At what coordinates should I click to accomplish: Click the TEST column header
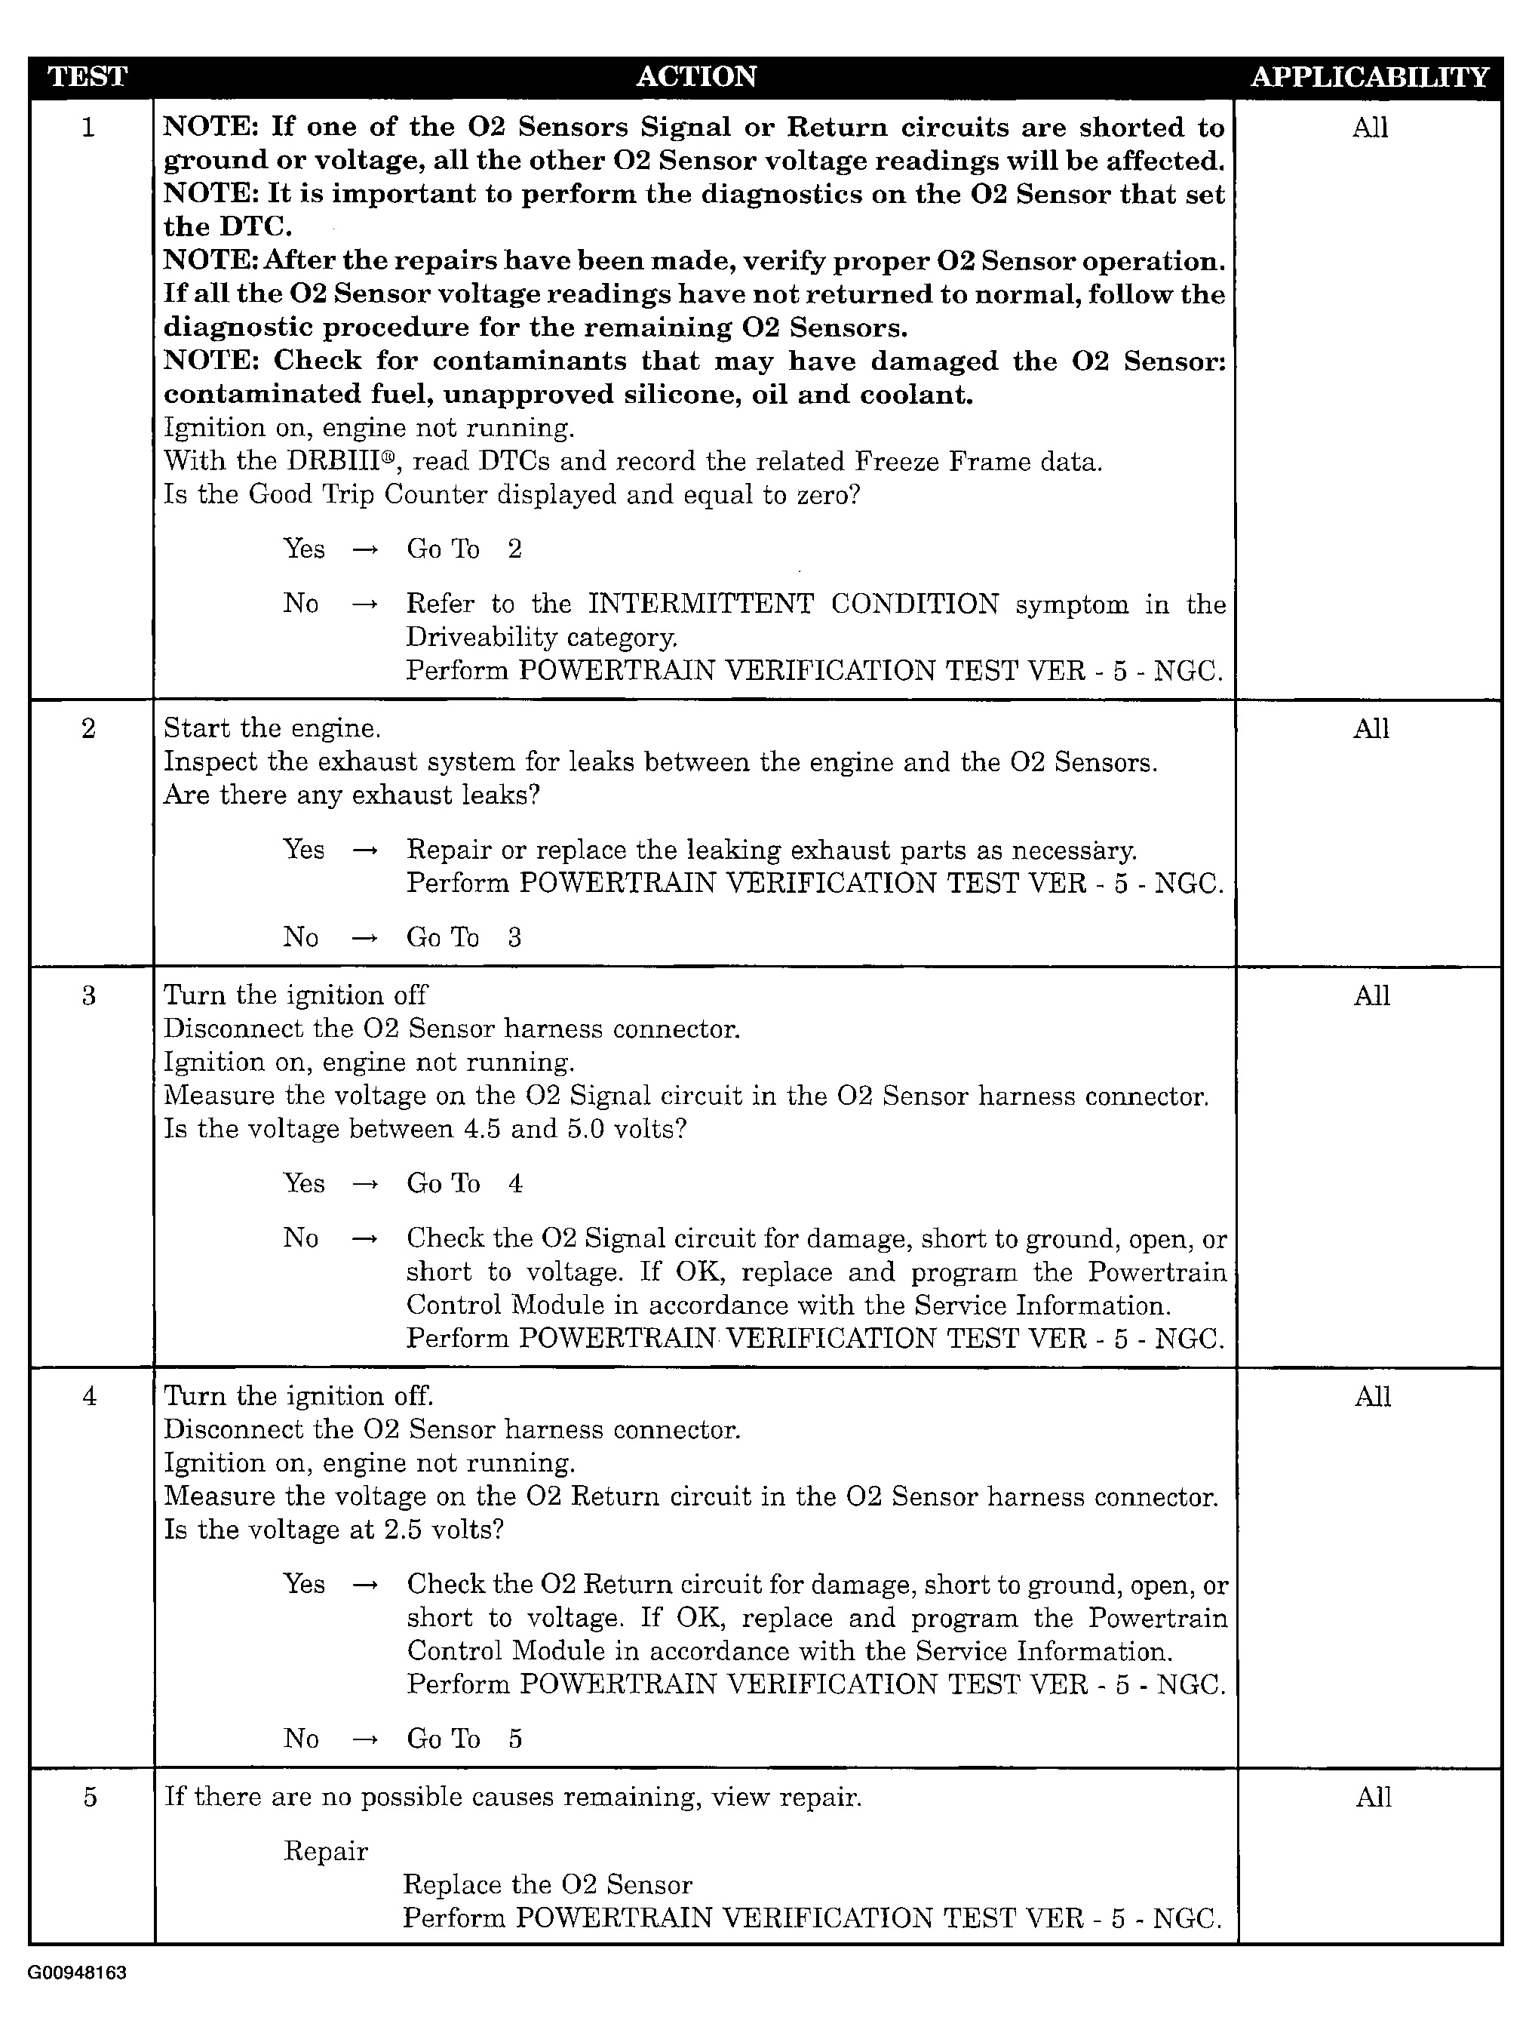click(87, 76)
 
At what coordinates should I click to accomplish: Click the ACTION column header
click(695, 76)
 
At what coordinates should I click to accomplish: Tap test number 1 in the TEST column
click(88, 127)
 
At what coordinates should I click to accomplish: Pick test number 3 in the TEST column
click(88, 996)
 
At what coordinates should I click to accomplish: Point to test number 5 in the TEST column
click(89, 1797)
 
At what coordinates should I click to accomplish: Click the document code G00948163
click(77, 1973)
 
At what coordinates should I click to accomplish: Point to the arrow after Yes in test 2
click(365, 850)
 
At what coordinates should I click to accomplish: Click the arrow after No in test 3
click(365, 1240)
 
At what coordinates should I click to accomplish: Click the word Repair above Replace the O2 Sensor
click(325, 1851)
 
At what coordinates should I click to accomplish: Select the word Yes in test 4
click(304, 1584)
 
